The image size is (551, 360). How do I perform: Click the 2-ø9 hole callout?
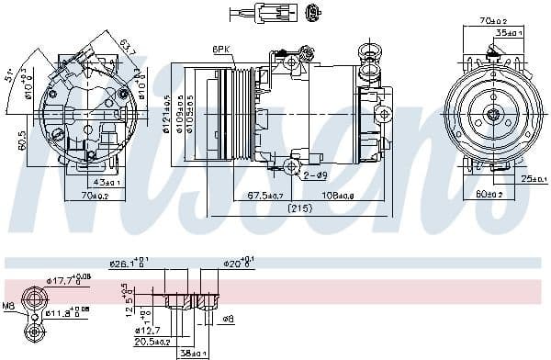[x=315, y=174]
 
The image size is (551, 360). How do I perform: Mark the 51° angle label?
[x=8, y=73]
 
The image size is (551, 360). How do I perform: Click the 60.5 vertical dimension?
[x=19, y=141]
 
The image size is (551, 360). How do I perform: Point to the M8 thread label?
[x=9, y=306]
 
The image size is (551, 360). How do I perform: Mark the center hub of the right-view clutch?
[x=493, y=115]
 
